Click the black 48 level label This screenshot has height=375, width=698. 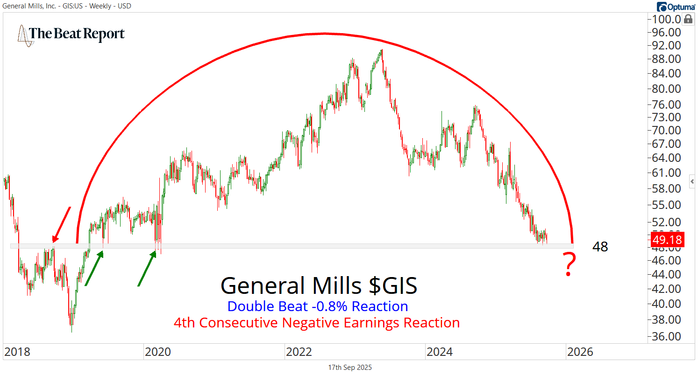(600, 247)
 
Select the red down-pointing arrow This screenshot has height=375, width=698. (61, 225)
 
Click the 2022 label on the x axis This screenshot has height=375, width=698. (299, 352)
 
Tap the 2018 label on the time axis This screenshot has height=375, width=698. (17, 352)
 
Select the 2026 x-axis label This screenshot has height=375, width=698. (579, 352)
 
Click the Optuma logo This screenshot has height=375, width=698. (676, 6)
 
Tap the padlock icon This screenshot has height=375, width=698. (688, 19)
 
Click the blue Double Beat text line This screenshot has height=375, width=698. (318, 306)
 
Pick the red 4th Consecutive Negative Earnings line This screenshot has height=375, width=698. (316, 322)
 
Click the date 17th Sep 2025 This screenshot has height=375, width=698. (350, 368)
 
